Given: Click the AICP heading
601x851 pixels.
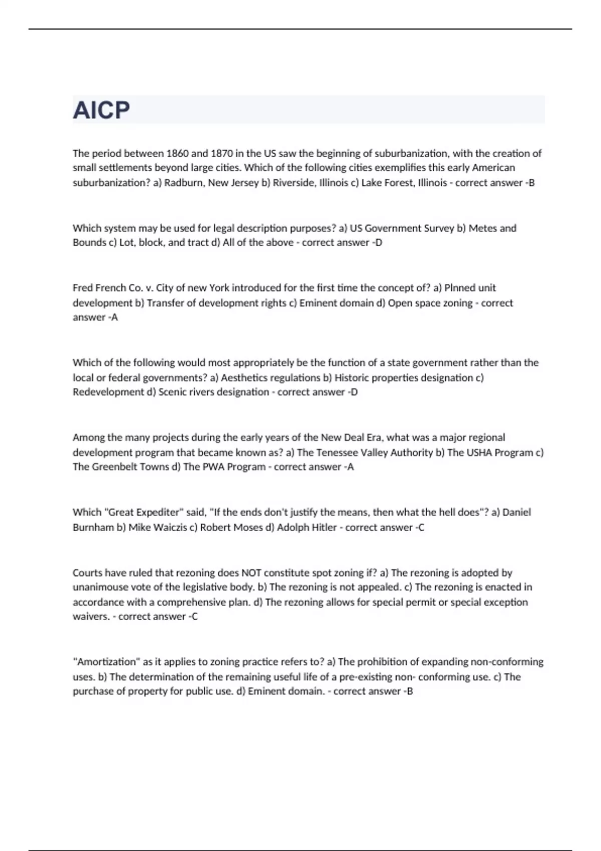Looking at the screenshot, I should pyautogui.click(x=102, y=110).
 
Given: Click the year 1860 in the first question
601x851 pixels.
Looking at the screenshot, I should pyautogui.click(x=177, y=153).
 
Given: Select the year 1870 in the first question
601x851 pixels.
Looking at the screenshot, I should pyautogui.click(x=222, y=153).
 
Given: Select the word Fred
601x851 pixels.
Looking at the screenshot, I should pyautogui.click(x=83, y=288).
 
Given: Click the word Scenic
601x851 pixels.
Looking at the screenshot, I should pyautogui.click(x=173, y=392).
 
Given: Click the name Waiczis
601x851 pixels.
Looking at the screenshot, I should pyautogui.click(x=169, y=527).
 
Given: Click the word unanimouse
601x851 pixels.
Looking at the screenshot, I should pyautogui.click(x=99, y=587).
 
